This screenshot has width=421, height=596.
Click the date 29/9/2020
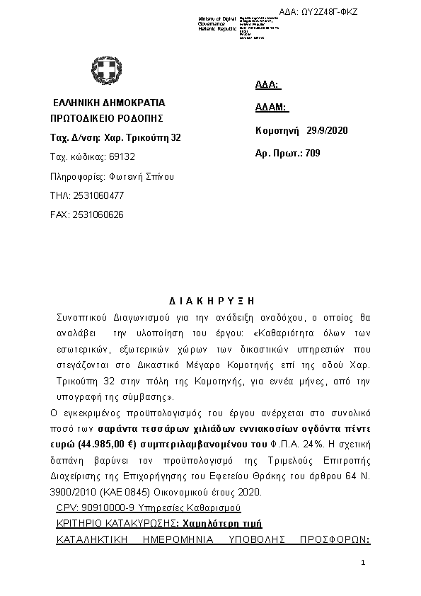tap(328, 131)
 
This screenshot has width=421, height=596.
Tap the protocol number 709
tap(312, 153)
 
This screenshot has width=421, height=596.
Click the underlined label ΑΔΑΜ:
tap(270, 108)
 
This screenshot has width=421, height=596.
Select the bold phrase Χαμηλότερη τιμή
tap(221, 523)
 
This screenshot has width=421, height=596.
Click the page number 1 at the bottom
tap(363, 563)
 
